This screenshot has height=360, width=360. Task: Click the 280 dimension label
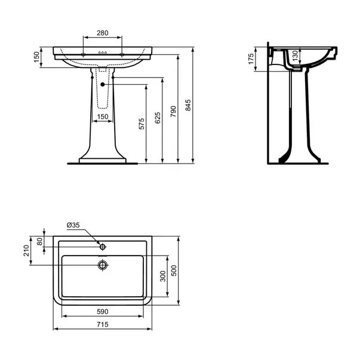coord(103,33)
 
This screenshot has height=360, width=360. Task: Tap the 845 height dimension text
coord(188,105)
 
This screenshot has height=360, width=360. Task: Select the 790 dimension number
coord(173,112)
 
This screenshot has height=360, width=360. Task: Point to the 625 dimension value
coord(158,118)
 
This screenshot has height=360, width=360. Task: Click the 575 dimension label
coord(141,124)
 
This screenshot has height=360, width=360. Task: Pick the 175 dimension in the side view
coord(251,59)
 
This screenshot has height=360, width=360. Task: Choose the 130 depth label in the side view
coord(295,56)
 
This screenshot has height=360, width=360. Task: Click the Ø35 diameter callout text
coord(73,225)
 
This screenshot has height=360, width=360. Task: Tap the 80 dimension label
coord(40,242)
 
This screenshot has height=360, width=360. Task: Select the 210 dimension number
coord(26,251)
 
